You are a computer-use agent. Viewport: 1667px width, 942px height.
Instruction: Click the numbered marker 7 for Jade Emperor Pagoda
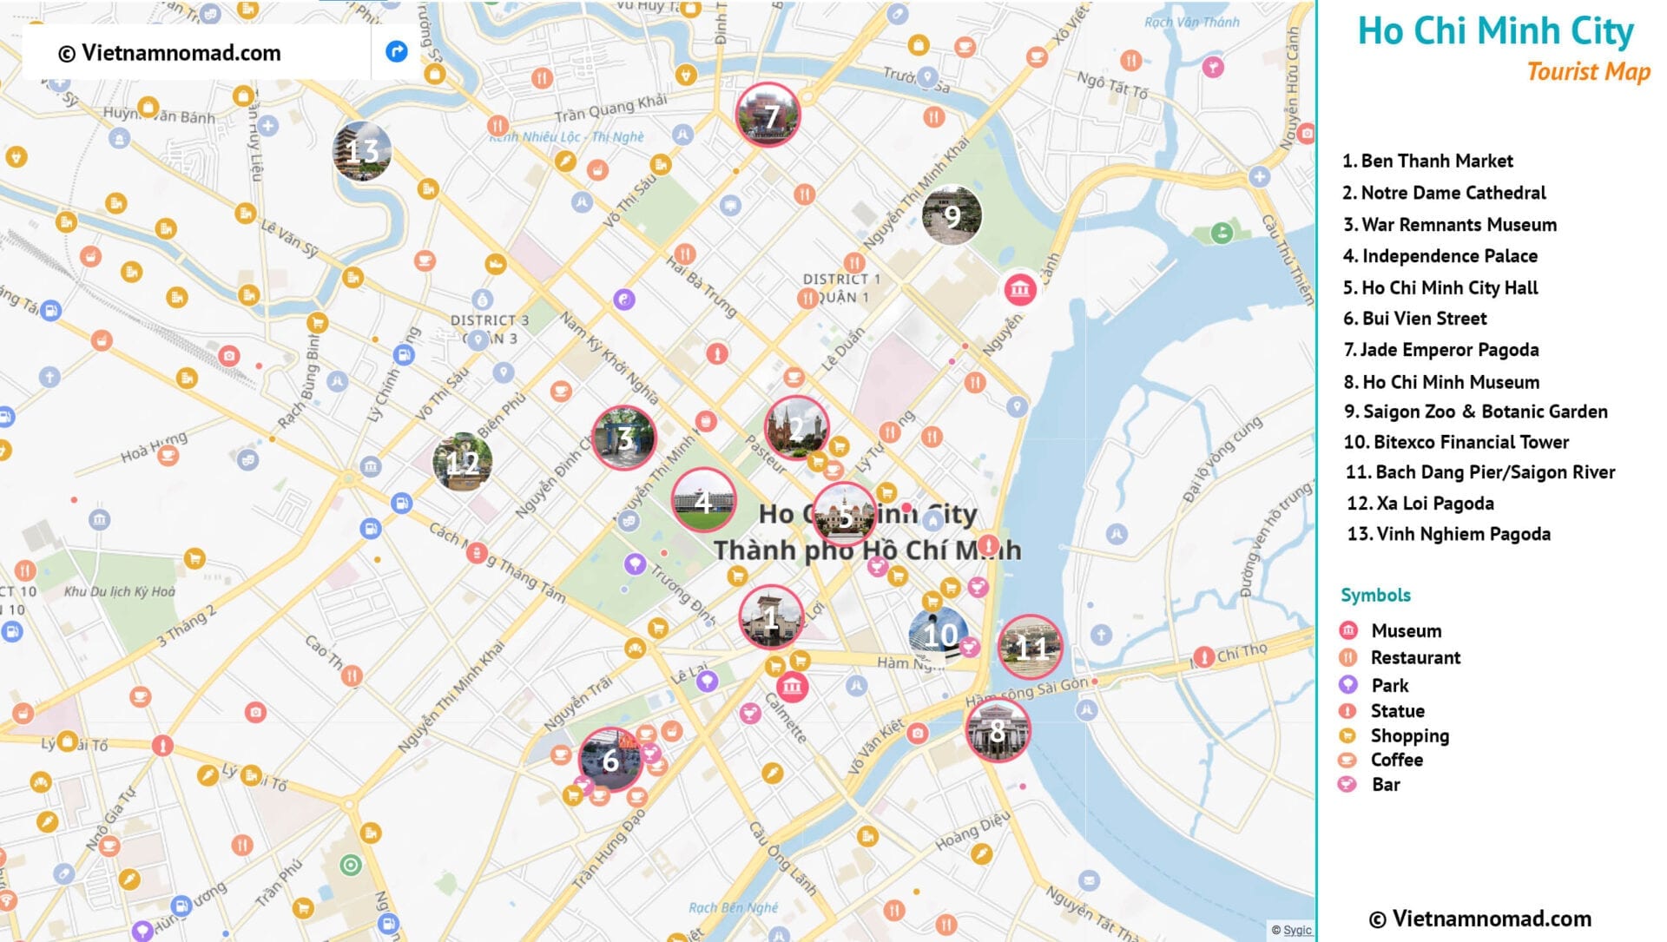(x=768, y=115)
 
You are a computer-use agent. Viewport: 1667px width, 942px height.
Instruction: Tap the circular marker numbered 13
(x=362, y=151)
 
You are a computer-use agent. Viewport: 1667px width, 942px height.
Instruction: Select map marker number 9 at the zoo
(x=952, y=214)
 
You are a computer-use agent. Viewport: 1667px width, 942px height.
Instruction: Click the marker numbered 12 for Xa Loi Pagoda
(x=462, y=462)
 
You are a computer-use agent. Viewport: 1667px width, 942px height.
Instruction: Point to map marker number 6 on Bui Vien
(x=610, y=761)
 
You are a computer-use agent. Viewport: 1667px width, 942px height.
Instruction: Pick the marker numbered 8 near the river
(x=998, y=731)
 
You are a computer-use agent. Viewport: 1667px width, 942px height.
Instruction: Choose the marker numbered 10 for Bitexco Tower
(x=939, y=636)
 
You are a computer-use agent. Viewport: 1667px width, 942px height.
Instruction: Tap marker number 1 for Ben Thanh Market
(x=770, y=617)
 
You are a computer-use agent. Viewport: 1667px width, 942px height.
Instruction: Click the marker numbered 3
(x=623, y=438)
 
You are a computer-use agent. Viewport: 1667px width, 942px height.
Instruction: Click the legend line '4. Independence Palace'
(x=1440, y=256)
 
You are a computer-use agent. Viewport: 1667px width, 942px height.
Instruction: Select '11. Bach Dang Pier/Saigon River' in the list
(x=1479, y=472)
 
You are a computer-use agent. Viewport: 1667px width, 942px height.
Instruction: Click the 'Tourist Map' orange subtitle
(x=1588, y=71)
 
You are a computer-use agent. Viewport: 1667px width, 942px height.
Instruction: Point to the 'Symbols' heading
(x=1375, y=596)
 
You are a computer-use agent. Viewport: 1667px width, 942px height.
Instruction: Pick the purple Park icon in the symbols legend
(x=1347, y=685)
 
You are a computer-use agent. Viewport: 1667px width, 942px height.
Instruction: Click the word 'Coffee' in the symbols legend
(x=1396, y=760)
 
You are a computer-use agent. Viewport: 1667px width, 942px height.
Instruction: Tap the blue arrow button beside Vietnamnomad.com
(x=396, y=52)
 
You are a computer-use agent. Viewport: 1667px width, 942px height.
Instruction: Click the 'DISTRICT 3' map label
(x=489, y=320)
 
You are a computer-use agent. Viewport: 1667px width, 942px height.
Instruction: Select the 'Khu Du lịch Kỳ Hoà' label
(x=120, y=592)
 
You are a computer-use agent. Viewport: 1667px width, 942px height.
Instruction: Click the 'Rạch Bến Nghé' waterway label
(x=733, y=908)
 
